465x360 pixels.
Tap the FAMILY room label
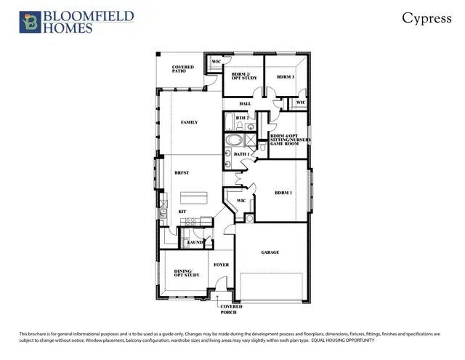(x=189, y=122)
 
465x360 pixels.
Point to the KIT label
(x=182, y=212)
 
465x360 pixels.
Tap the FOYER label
(x=221, y=265)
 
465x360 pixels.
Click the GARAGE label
(x=270, y=252)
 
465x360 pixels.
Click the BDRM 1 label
(x=283, y=193)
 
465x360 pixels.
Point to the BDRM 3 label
(x=286, y=77)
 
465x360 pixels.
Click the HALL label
(x=244, y=103)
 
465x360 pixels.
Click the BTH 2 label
(x=243, y=118)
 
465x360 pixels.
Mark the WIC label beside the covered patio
(x=216, y=62)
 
